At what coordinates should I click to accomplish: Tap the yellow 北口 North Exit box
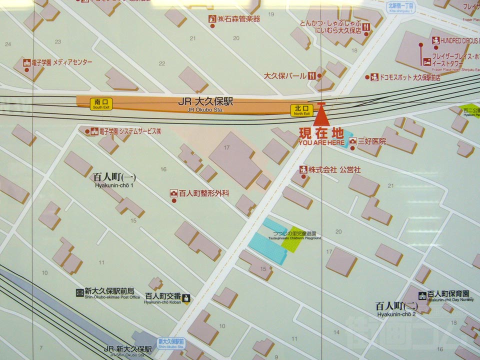tap(301, 110)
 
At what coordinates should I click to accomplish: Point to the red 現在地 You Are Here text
tap(321, 133)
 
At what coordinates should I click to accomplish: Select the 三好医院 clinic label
tap(371, 141)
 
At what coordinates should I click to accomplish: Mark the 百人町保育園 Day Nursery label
tap(450, 294)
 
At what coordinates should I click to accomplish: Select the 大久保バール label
tap(285, 76)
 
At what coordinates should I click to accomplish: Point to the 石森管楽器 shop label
tap(238, 19)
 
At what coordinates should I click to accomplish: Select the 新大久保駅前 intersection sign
tap(171, 342)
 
